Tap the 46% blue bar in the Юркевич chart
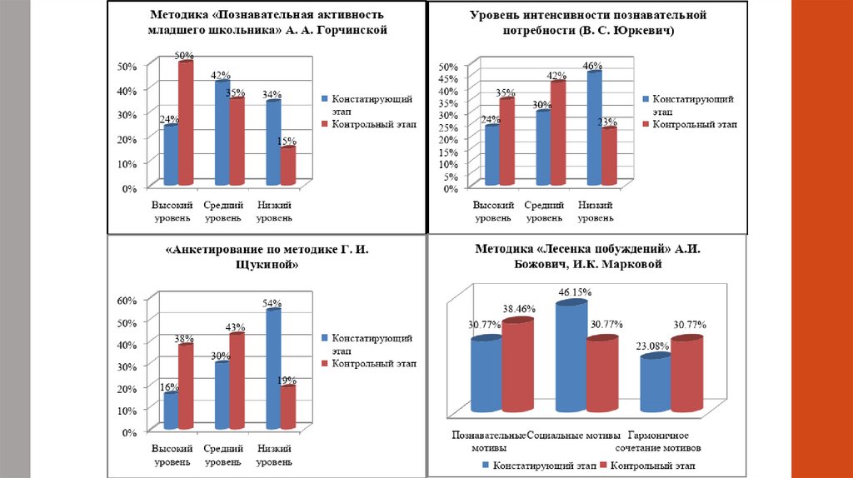(593, 128)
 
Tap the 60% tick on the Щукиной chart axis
(126, 300)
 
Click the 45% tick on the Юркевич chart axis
(447, 78)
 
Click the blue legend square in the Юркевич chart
(645, 99)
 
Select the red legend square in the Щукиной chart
(325, 363)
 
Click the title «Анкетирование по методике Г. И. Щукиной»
(267, 256)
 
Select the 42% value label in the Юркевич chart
(556, 75)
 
